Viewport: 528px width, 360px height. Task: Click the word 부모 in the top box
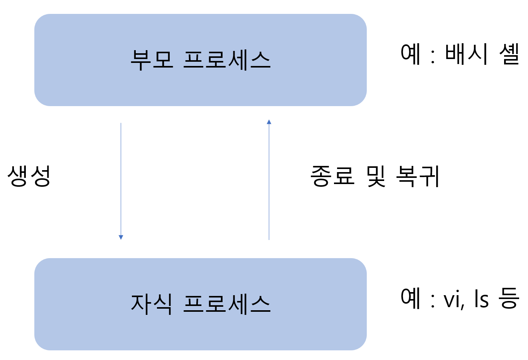pos(152,60)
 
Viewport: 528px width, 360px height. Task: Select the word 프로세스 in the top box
pos(227,60)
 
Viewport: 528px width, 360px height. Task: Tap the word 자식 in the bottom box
pos(152,304)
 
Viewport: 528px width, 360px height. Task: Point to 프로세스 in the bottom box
pos(227,304)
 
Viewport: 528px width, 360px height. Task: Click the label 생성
pos(29,176)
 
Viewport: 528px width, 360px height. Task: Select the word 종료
pos(332,176)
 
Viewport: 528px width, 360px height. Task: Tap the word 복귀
pos(418,176)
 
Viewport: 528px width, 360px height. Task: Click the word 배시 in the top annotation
pos(467,54)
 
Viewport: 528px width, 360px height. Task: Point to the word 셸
pos(509,54)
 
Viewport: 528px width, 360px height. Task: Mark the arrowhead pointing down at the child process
pos(121,237)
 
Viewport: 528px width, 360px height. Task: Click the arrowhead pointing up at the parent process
pos(269,122)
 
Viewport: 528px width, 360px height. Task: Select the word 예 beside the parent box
pos(410,54)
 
